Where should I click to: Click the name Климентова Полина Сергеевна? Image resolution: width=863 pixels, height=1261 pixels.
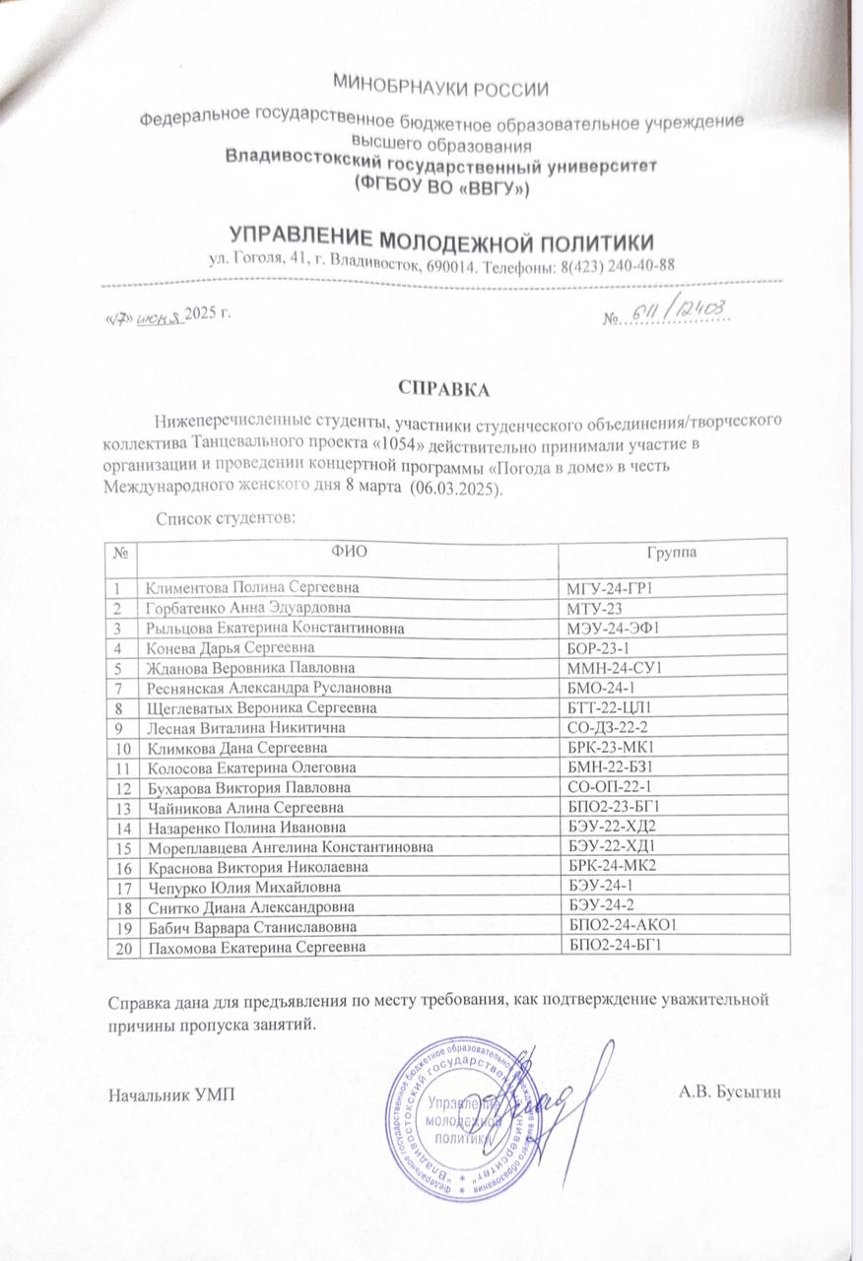point(247,589)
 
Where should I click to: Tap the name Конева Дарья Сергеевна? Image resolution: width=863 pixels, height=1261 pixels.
point(230,647)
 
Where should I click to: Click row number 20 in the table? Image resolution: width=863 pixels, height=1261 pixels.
point(123,948)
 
